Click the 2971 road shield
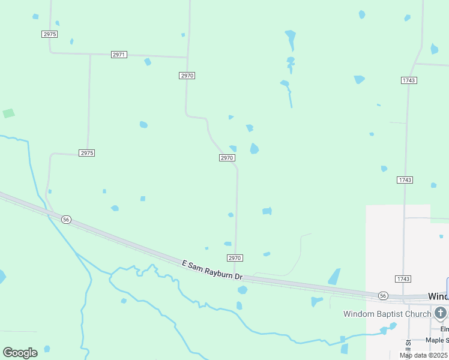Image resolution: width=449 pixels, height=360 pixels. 119,55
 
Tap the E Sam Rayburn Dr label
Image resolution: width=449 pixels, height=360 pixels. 212,269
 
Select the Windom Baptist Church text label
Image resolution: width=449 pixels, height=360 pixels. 387,314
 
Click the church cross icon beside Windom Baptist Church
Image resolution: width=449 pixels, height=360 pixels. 441,313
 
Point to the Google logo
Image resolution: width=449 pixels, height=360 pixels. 20,353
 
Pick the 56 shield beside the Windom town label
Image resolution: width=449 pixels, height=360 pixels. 383,296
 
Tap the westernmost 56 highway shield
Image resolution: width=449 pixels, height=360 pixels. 66,220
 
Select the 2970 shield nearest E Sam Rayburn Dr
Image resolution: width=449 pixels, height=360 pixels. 235,258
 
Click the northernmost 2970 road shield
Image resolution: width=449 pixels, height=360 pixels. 187,76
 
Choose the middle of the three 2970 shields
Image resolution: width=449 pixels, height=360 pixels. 226,158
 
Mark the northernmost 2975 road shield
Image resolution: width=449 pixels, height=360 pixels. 50,34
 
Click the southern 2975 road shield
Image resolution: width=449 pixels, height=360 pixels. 87,153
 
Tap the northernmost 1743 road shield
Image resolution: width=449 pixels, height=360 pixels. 409,80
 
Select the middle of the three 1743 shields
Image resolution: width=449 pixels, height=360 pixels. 405,180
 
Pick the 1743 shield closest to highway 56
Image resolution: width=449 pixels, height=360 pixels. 403,279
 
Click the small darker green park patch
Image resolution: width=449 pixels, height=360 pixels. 8,113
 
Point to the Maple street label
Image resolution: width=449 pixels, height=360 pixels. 436,340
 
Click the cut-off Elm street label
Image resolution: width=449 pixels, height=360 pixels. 444,329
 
